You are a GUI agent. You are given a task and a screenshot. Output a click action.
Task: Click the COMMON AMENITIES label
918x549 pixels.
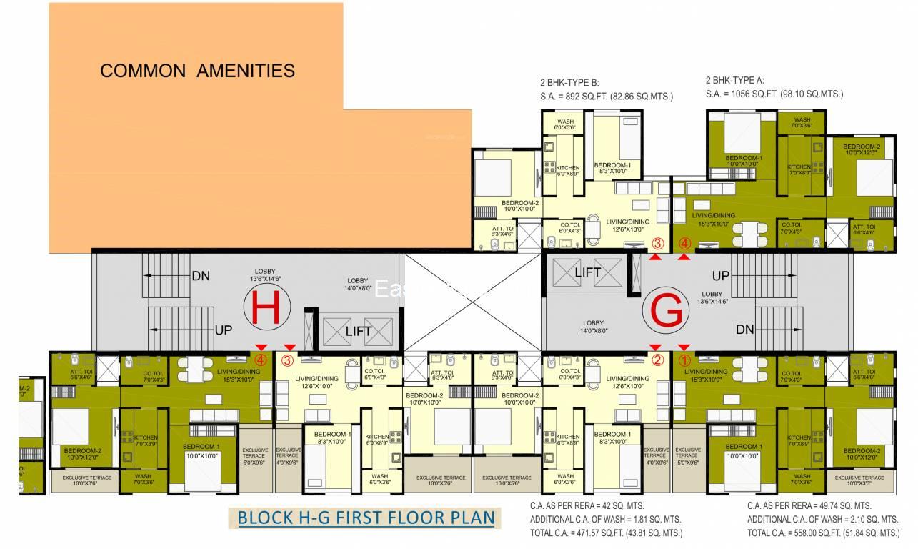[197, 71]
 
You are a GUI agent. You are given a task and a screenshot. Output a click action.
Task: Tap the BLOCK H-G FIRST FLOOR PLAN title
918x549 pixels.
[366, 518]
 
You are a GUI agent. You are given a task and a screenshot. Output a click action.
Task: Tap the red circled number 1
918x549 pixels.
[684, 360]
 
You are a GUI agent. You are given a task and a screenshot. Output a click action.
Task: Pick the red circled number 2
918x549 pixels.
[658, 360]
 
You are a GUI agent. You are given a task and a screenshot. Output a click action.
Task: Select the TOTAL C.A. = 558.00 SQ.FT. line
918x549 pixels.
[823, 533]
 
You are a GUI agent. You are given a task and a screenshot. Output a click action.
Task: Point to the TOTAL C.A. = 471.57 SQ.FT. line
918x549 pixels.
[606, 533]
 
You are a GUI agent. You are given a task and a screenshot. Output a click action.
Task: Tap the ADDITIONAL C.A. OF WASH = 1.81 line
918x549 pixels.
[605, 519]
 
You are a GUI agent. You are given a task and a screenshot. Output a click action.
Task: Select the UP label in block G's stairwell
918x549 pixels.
[720, 276]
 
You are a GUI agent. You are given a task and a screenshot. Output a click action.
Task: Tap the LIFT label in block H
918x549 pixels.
[359, 332]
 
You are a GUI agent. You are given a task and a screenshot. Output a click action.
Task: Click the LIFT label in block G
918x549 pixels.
[587, 272]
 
